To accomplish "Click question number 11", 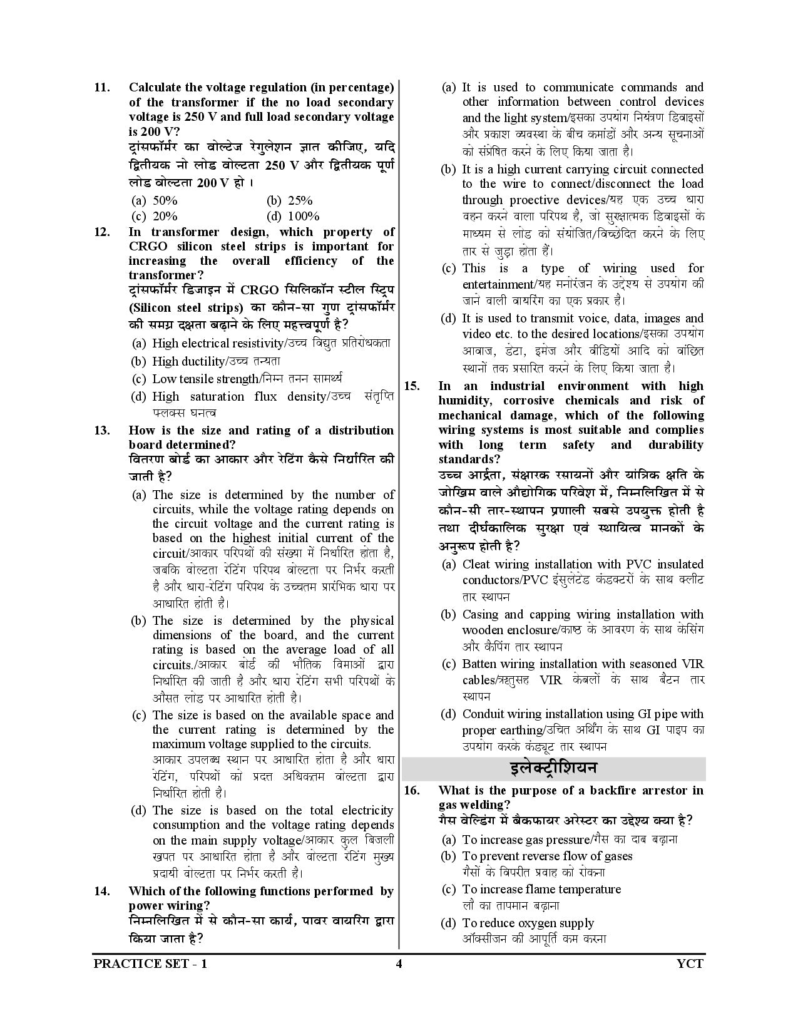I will (102, 88).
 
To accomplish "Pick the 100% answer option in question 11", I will (303, 217).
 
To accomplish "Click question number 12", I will (102, 232).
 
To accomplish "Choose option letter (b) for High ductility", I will (138, 362).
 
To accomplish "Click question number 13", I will (102, 431).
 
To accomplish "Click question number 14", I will (102, 892).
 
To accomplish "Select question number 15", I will (412, 386).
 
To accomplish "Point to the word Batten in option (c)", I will (480, 664).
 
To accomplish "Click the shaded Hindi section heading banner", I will (553, 768).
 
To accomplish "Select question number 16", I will (412, 791).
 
